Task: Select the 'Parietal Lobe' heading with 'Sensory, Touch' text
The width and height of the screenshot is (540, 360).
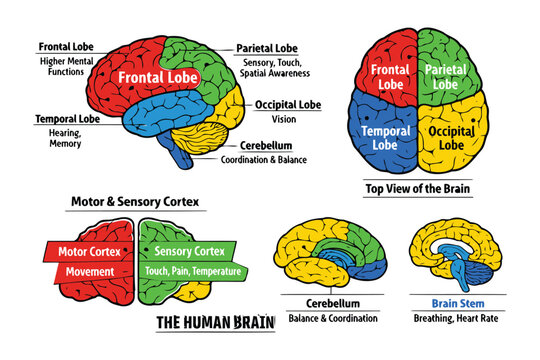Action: pyautogui.click(x=265, y=47)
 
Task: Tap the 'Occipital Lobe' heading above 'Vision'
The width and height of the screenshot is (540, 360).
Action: pyautogui.click(x=287, y=104)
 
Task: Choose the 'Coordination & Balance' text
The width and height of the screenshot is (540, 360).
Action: pyautogui.click(x=265, y=159)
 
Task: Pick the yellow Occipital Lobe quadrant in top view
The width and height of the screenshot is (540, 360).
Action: pyautogui.click(x=450, y=137)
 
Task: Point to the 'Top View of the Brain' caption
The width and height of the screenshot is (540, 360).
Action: pyautogui.click(x=418, y=187)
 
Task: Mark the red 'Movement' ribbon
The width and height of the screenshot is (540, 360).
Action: pyautogui.click(x=90, y=271)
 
